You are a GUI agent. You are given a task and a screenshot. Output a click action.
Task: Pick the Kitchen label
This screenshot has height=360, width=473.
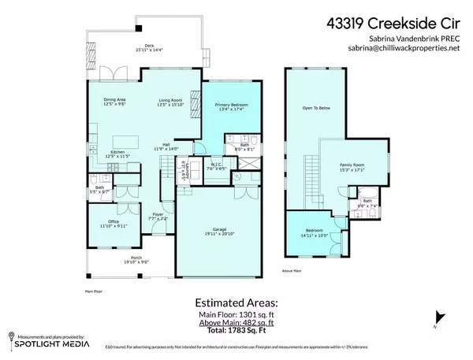coord(117,153)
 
